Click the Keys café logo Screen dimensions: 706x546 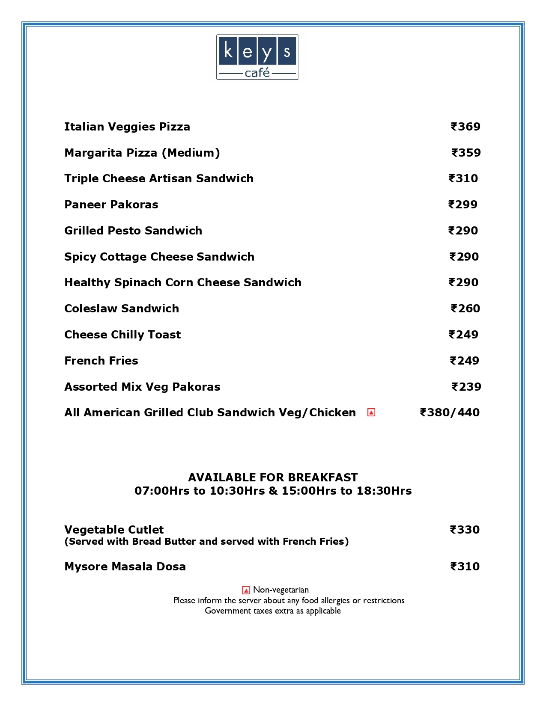point(257,57)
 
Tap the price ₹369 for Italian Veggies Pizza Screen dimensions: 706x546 point(465,127)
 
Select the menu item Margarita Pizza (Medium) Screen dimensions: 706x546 point(142,153)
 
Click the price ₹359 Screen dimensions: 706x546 point(466,153)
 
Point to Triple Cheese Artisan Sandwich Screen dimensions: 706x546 point(159,178)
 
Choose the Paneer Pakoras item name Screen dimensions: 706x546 point(111,205)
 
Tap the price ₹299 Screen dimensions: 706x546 point(463,205)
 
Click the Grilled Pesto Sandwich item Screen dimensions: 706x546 point(133,231)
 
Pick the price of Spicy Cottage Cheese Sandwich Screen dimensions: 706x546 point(464,257)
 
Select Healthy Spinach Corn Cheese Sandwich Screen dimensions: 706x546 point(183,282)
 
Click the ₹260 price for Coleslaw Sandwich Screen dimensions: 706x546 point(465,309)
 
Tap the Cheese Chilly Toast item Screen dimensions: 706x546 point(122,335)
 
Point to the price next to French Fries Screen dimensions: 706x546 point(464,361)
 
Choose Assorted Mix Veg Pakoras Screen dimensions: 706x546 point(142,387)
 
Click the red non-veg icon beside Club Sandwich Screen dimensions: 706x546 point(371,412)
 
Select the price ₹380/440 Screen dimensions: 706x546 point(450,412)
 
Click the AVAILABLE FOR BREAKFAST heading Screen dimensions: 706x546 point(273,478)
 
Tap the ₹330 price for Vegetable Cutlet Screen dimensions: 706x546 point(465,530)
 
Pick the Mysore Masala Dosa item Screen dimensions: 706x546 point(125,567)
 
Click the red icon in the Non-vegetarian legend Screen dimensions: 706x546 point(246,590)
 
